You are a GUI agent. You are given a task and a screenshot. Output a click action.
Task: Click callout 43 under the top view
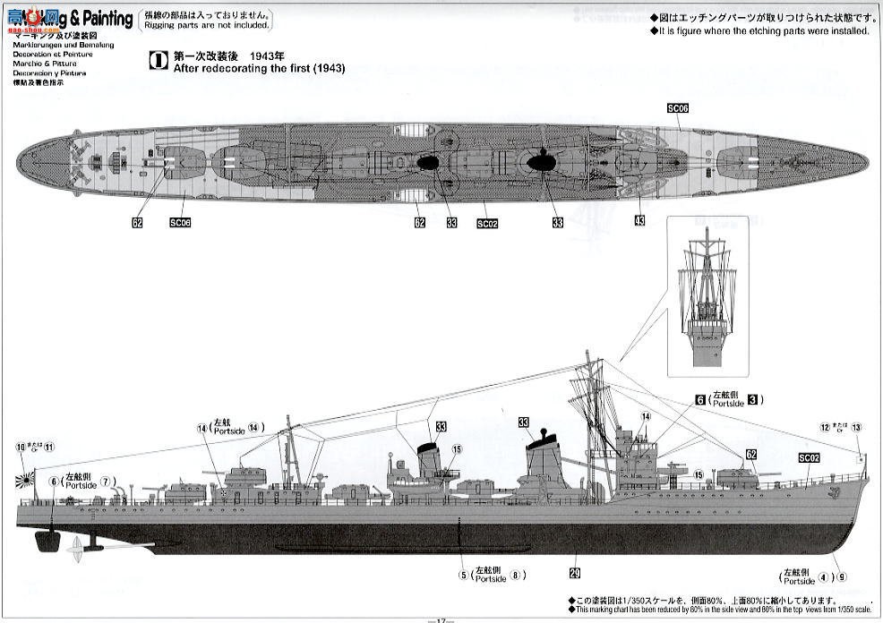click(639, 220)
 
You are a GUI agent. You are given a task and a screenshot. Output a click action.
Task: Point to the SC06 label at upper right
click(678, 107)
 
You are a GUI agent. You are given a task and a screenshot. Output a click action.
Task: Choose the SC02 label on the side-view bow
click(809, 458)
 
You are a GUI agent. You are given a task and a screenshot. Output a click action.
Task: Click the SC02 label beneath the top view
click(487, 223)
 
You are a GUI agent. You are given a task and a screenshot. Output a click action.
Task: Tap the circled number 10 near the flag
click(21, 446)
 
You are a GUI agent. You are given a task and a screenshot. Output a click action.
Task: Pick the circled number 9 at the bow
click(842, 576)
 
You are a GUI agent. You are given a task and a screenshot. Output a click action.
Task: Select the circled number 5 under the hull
click(463, 575)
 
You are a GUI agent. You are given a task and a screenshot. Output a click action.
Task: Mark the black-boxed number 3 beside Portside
click(753, 400)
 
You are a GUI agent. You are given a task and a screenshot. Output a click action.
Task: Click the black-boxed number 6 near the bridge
click(699, 400)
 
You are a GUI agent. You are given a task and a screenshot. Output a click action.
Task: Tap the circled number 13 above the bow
click(856, 427)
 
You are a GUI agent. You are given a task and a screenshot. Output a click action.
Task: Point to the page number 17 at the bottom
click(441, 619)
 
